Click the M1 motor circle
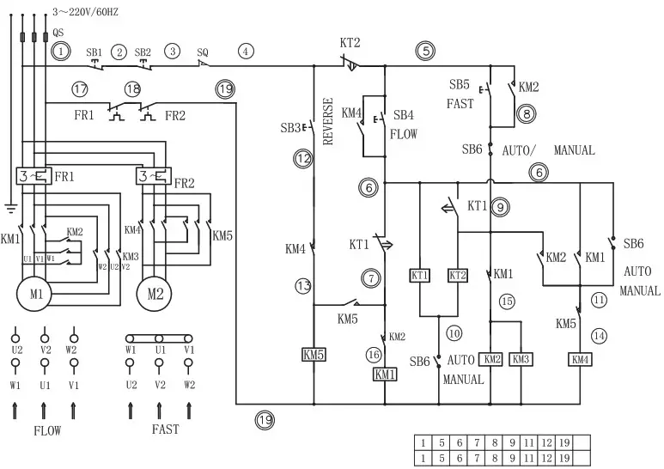pos(35,294)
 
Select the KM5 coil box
pos(314,355)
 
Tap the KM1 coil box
pos(384,374)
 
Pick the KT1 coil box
pos(419,276)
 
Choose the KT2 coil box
pos(458,276)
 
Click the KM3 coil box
pos(521,358)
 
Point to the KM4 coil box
pos(580,358)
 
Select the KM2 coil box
pos(490,358)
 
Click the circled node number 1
pos(60,52)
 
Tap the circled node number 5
pos(426,51)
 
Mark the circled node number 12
pos(302,158)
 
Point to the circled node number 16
pos(375,354)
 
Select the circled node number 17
pos(80,88)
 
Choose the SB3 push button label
pos(289,128)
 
